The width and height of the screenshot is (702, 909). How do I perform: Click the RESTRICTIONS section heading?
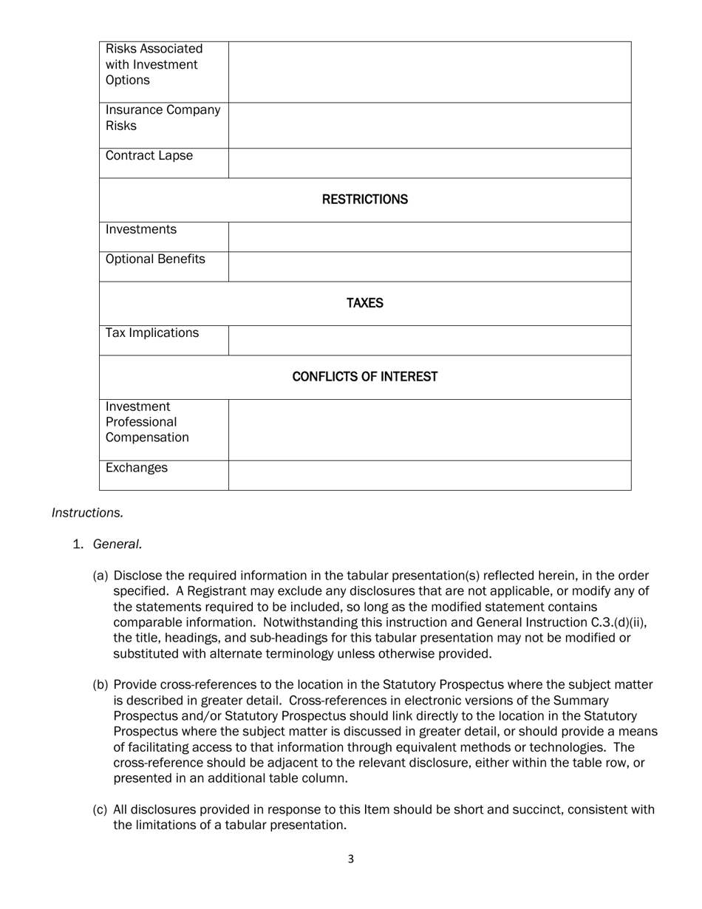(x=365, y=200)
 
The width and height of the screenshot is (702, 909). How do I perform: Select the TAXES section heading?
(x=365, y=304)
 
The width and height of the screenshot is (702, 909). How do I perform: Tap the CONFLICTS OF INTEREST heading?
(x=365, y=378)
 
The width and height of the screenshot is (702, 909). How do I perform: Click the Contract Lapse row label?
(x=149, y=156)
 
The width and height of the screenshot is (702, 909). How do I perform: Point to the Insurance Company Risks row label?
(x=163, y=118)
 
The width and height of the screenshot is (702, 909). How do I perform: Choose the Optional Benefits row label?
(x=155, y=259)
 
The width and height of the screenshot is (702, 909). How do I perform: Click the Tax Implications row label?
(x=152, y=333)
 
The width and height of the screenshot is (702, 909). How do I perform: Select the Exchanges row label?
(x=137, y=469)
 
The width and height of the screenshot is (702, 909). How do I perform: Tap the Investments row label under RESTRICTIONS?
(x=141, y=230)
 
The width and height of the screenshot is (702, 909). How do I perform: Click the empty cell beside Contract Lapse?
(x=429, y=163)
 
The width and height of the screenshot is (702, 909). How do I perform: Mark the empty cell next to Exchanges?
(x=429, y=475)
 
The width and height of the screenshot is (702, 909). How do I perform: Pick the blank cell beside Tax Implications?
(x=429, y=341)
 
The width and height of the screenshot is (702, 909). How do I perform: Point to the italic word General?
(x=117, y=545)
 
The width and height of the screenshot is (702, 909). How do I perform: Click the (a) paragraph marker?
(x=100, y=576)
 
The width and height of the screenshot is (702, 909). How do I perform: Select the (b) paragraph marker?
(x=100, y=685)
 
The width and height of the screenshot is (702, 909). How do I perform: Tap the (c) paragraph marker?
(x=100, y=810)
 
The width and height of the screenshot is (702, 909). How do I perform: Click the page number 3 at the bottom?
(x=351, y=859)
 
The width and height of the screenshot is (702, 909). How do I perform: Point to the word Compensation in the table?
(x=147, y=438)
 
